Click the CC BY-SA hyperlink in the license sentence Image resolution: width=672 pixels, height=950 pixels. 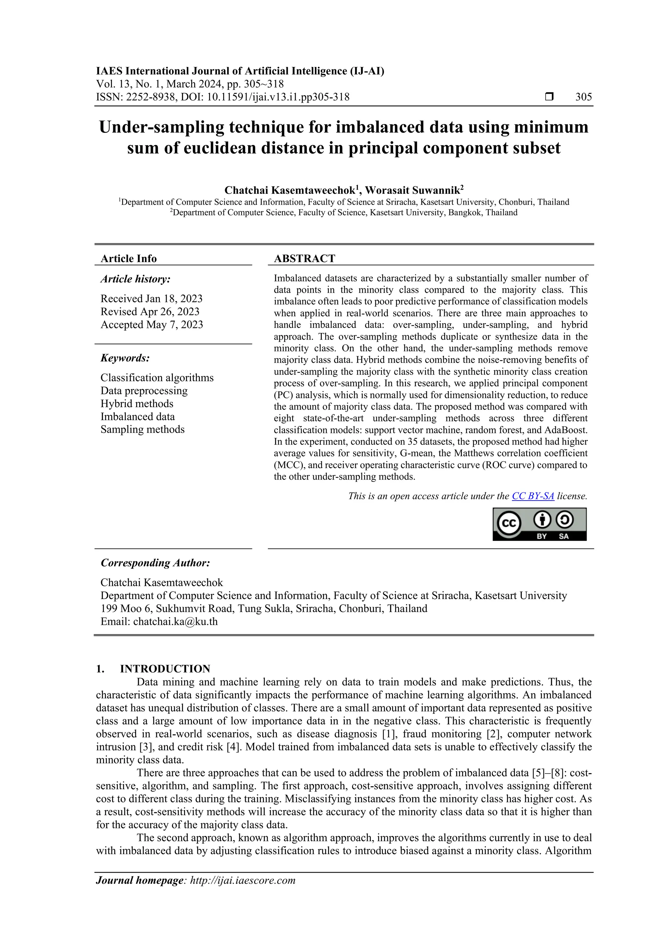[533, 496]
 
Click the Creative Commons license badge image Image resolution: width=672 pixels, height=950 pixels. [539, 524]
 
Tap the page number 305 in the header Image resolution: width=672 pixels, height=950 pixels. [583, 97]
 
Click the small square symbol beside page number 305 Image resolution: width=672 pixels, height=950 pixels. [549, 97]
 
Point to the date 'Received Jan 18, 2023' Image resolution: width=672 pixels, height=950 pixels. [152, 299]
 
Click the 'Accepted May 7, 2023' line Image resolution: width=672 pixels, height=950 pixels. [152, 325]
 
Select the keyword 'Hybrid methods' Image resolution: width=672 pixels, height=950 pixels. [136, 404]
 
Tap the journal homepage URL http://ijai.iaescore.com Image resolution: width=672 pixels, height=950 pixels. [242, 880]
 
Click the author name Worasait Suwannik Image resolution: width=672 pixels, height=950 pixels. [412, 190]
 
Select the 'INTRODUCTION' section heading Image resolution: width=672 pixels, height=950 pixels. [165, 669]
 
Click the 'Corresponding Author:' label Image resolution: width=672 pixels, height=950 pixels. [155, 563]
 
